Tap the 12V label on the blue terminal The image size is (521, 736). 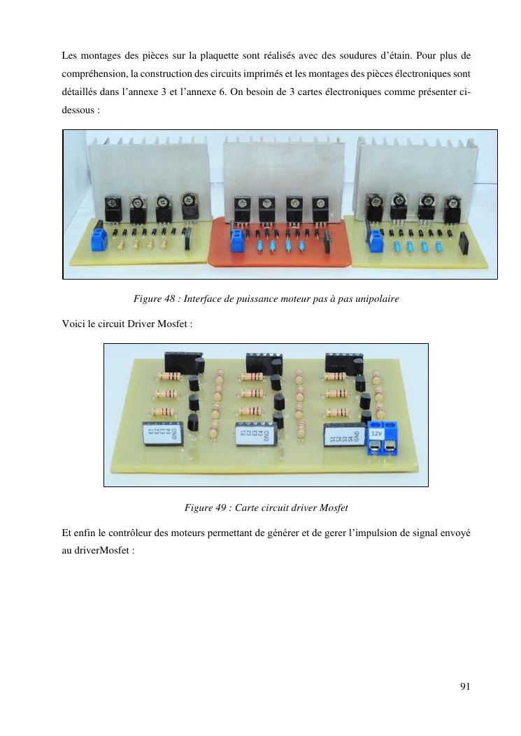(x=376, y=433)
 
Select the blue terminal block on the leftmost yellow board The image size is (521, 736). (x=98, y=240)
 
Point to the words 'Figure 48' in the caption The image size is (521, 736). (x=153, y=299)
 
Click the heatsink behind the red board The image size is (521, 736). (x=280, y=164)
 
